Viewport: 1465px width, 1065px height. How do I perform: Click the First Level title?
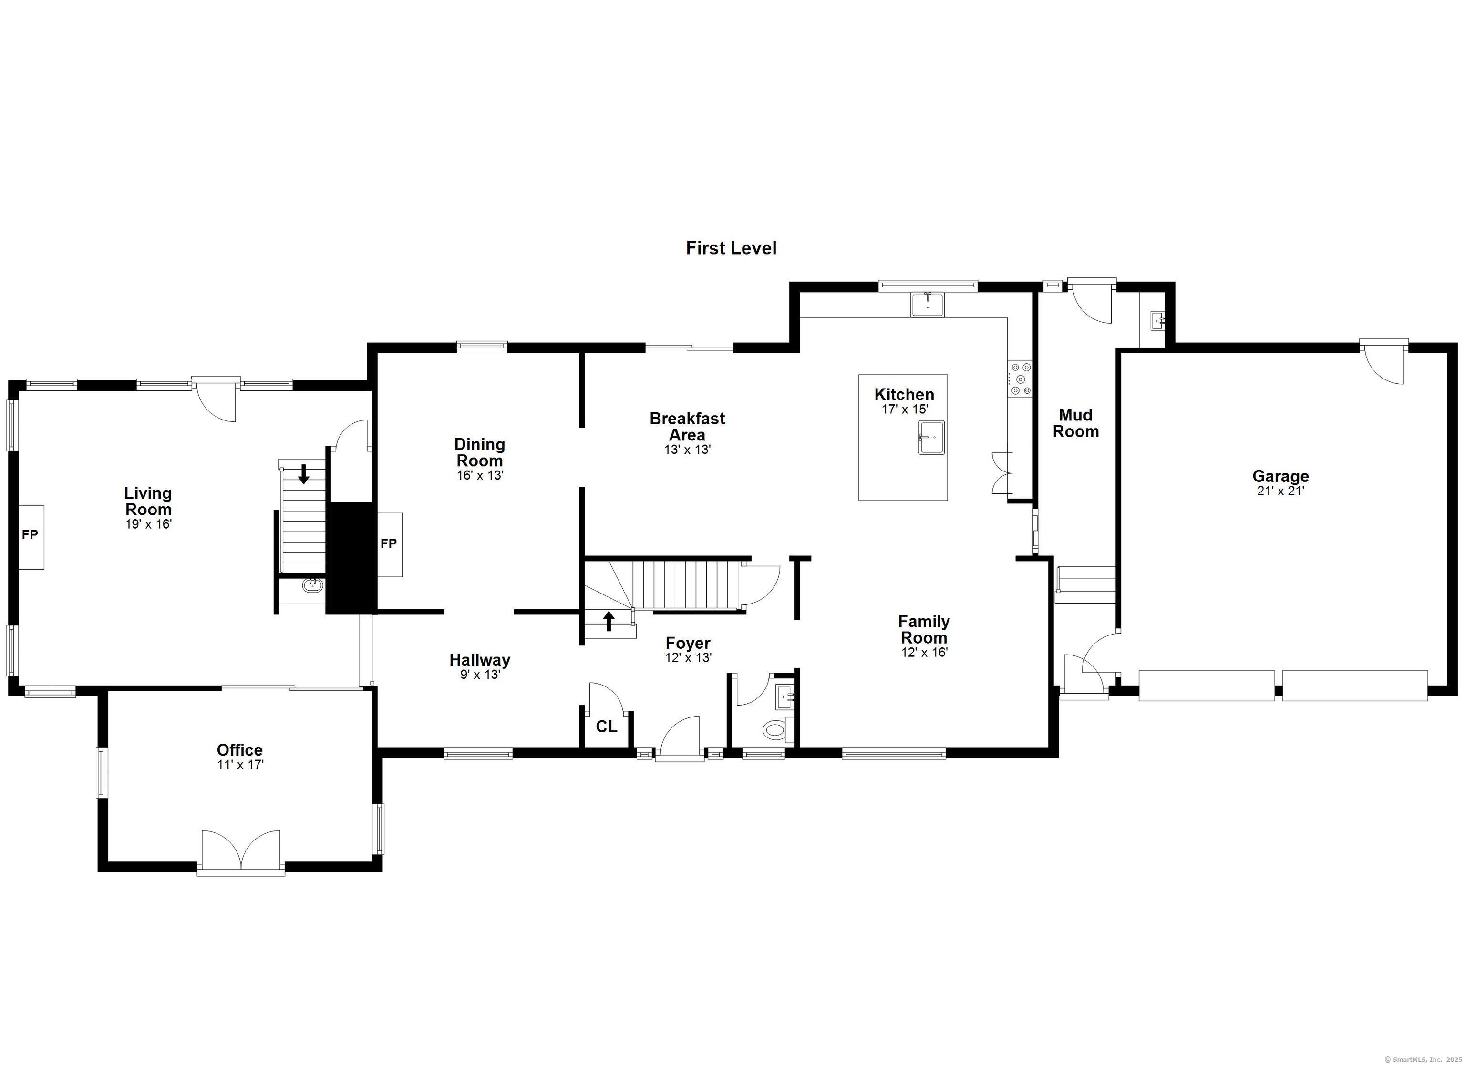coord(731,248)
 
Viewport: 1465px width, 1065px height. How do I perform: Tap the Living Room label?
coord(148,501)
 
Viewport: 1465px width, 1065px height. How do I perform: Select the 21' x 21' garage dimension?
coord(1280,491)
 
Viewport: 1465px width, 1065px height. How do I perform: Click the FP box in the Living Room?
coord(31,537)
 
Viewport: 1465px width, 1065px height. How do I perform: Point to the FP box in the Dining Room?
coord(390,544)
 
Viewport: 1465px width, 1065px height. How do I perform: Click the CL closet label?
coord(607,727)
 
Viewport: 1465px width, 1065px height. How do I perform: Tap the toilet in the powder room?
coord(774,730)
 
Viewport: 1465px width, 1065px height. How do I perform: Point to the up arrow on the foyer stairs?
coord(608,621)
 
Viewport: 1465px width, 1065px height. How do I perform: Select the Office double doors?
coord(241,852)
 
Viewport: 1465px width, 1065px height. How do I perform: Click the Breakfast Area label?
coord(687,426)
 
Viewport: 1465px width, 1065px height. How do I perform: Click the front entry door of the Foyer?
coord(680,738)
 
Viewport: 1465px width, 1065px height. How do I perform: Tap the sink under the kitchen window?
coord(928,305)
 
